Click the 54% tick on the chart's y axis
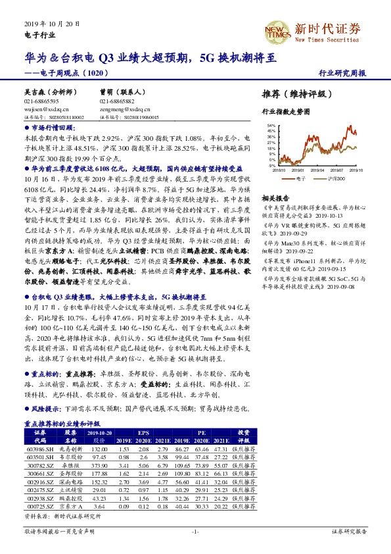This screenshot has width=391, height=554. [270, 124]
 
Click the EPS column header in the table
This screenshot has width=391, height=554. [143, 433]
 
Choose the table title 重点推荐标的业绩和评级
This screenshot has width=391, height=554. [60, 425]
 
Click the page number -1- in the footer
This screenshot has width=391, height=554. [195, 531]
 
